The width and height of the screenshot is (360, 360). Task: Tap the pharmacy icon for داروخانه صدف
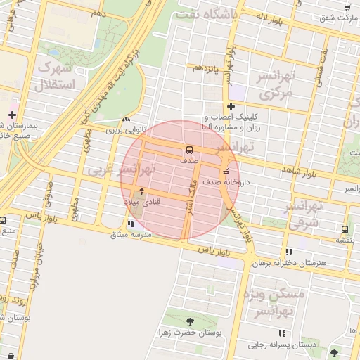(226, 172)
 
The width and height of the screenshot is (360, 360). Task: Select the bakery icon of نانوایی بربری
(126, 120)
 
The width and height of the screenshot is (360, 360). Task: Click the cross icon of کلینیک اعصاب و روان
(230, 106)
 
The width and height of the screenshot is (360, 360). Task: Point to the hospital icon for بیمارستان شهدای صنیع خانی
(12, 114)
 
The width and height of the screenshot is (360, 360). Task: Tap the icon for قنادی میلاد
(143, 191)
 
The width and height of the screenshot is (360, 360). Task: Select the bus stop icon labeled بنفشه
(345, 229)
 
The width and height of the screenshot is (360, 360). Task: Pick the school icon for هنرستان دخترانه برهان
(288, 252)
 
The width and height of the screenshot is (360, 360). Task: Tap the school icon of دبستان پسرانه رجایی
(282, 333)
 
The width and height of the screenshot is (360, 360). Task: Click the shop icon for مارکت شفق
(347, 8)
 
